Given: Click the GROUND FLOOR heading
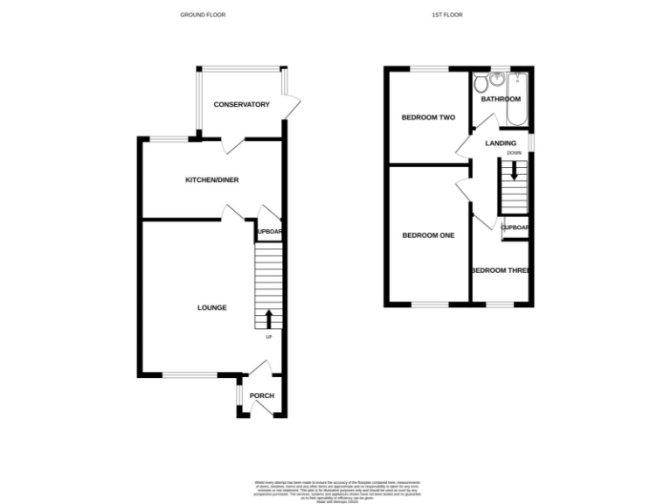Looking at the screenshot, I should tap(202, 15).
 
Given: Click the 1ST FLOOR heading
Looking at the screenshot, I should tap(446, 15).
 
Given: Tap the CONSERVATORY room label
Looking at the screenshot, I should tap(241, 105).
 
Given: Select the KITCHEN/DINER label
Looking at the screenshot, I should tap(211, 180).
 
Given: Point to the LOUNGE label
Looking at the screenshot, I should tap(211, 307).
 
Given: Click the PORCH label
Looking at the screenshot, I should tap(262, 395).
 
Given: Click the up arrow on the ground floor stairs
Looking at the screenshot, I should tap(268, 318).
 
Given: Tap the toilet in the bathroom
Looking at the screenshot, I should tap(480, 84).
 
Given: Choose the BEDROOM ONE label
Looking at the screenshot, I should tap(428, 235).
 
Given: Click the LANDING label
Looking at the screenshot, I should tap(501, 143).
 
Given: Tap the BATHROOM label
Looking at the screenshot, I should tap(501, 99).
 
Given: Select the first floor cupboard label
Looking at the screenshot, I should tap(515, 227).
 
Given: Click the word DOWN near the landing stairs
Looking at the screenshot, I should tap(514, 153).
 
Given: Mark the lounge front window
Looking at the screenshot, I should tap(190, 374).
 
